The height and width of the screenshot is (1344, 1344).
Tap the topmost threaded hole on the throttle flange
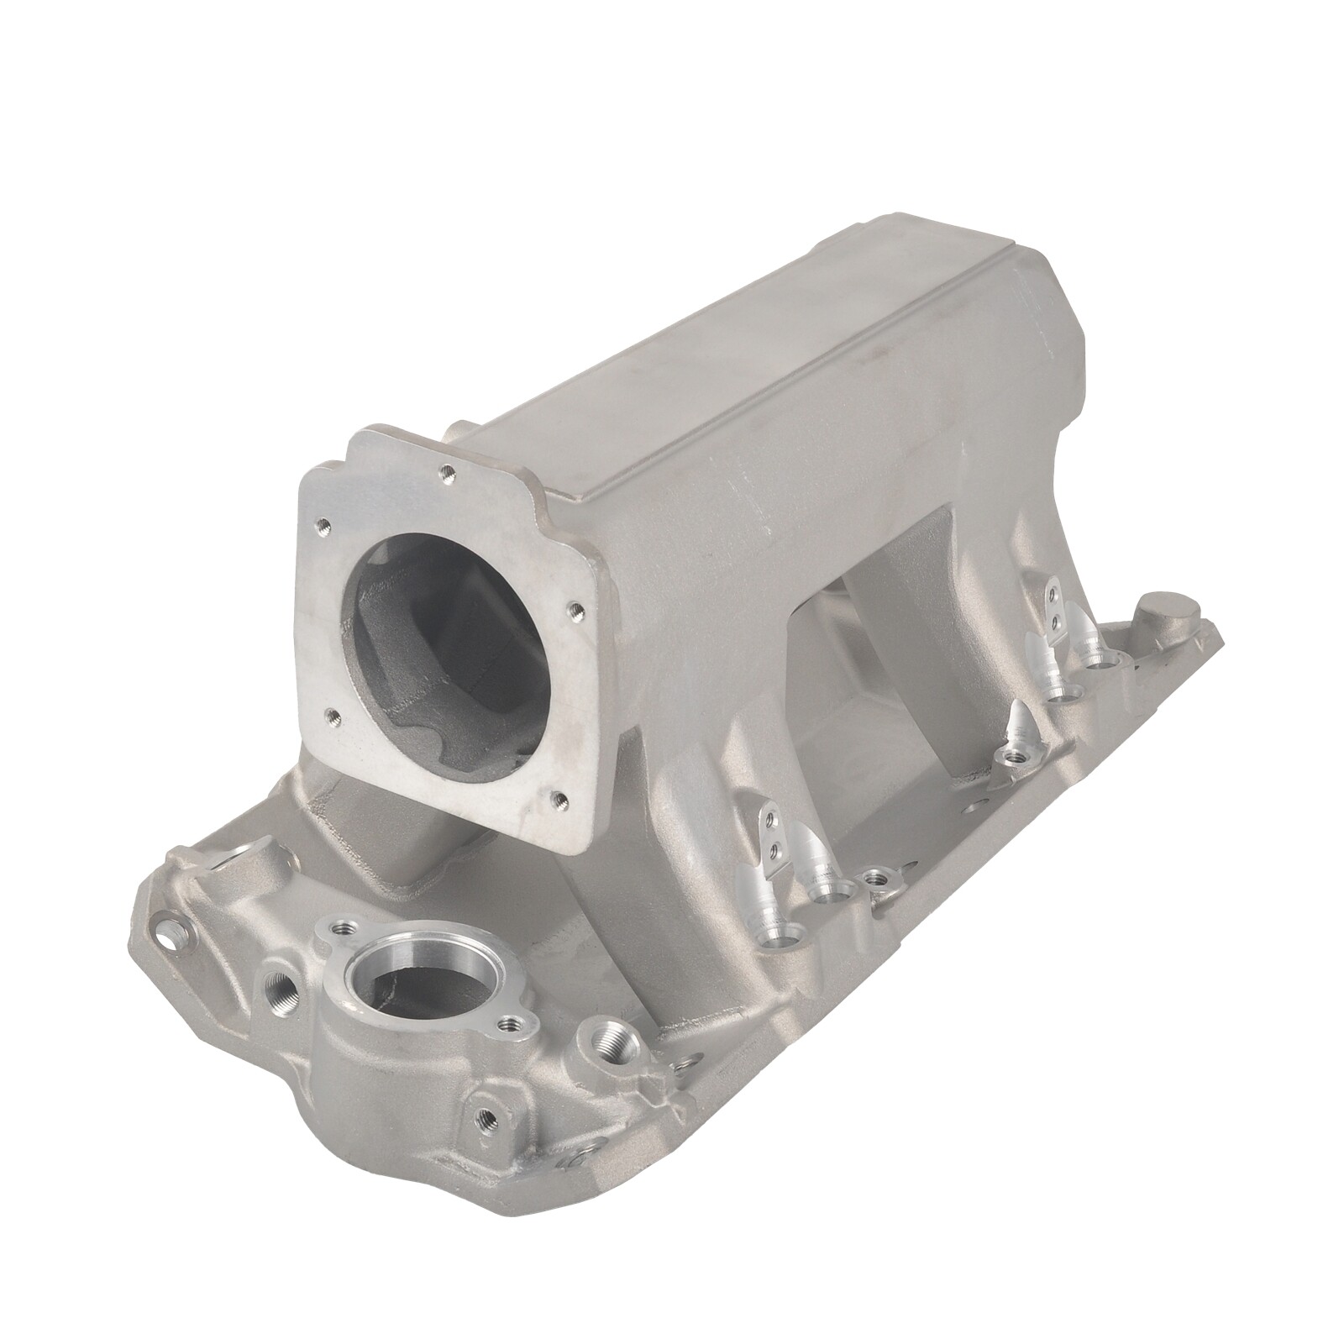(447, 471)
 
